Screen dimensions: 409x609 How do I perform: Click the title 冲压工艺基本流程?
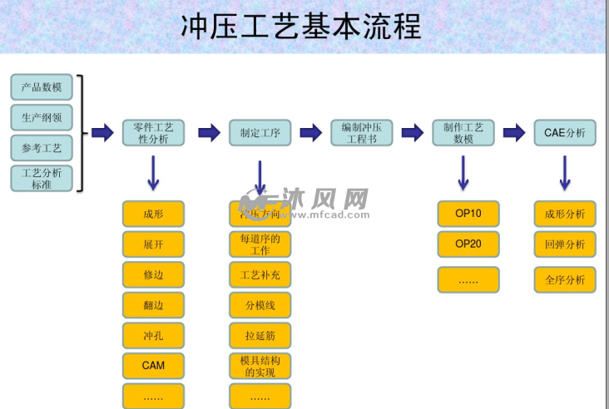(x=301, y=27)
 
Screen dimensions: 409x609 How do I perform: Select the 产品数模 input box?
(x=42, y=86)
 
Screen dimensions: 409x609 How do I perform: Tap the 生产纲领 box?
(x=42, y=117)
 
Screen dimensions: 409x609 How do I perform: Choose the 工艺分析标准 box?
(x=42, y=179)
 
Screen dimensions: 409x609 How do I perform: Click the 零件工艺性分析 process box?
(x=153, y=133)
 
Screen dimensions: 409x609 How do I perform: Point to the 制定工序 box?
(x=260, y=133)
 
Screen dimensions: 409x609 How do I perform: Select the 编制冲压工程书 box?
(x=361, y=133)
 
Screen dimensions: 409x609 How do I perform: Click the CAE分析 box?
(x=564, y=133)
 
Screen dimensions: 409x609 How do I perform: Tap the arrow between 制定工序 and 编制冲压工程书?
(x=310, y=133)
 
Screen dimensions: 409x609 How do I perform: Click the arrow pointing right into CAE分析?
(x=514, y=133)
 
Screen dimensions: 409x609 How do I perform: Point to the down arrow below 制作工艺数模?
(x=463, y=172)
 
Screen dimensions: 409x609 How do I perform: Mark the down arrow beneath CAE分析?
(x=564, y=172)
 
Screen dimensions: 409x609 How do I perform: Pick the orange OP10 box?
(x=468, y=214)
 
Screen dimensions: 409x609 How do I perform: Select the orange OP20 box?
(x=468, y=244)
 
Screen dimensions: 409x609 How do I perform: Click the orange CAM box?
(x=153, y=366)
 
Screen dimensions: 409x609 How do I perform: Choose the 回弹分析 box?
(x=564, y=245)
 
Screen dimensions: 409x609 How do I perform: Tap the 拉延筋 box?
(x=260, y=335)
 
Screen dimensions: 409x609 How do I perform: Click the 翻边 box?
(x=153, y=305)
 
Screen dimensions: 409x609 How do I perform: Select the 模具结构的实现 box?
(x=260, y=366)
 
